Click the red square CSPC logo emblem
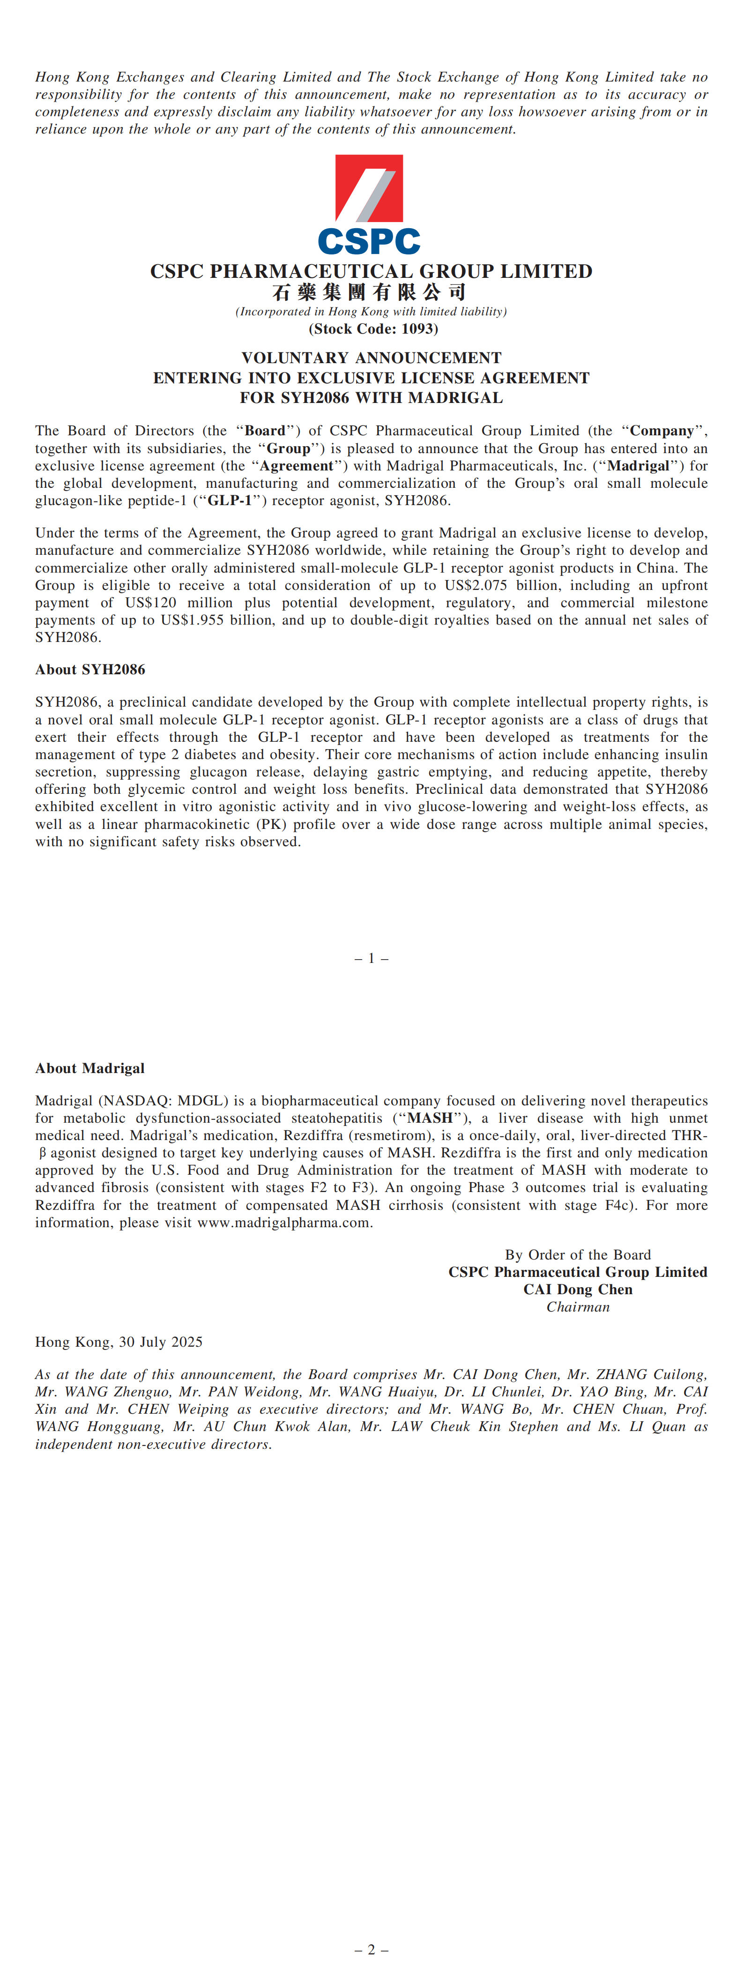click(x=369, y=188)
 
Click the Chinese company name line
click(x=369, y=292)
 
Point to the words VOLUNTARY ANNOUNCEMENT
click(x=371, y=358)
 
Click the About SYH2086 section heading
click(x=90, y=670)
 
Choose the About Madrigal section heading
click(x=90, y=1068)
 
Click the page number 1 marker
click(x=371, y=958)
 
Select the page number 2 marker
click(x=371, y=1950)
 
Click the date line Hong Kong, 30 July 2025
click(x=119, y=1342)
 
